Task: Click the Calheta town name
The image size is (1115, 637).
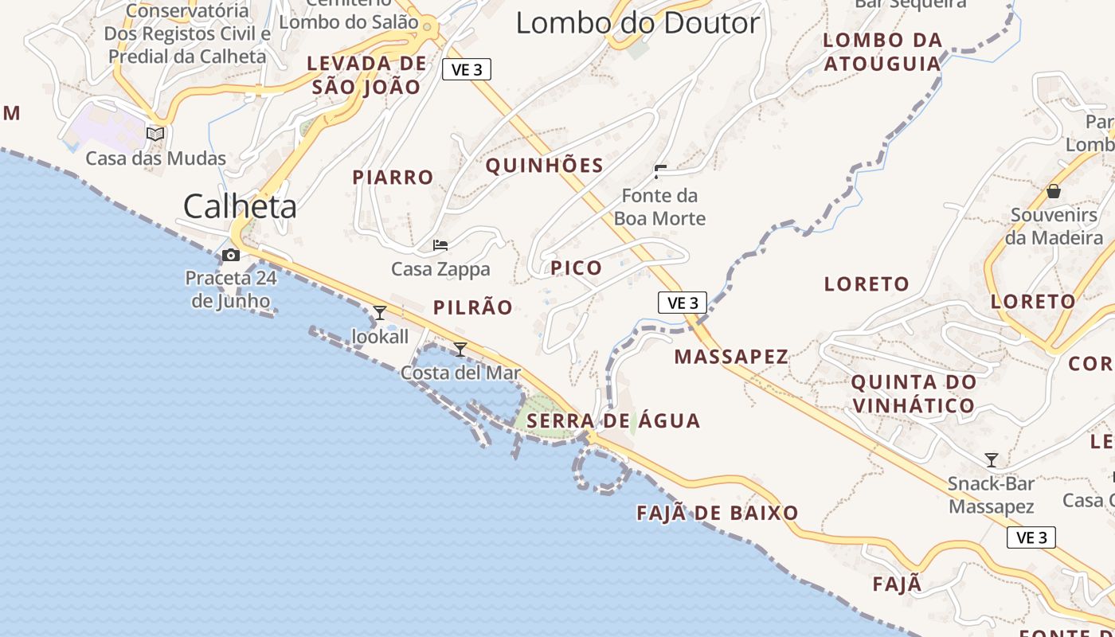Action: pyautogui.click(x=240, y=206)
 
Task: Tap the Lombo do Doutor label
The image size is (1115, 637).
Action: pyautogui.click(x=637, y=22)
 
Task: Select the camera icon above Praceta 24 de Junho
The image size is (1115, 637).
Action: pyautogui.click(x=231, y=255)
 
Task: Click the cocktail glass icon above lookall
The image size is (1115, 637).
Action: pyautogui.click(x=380, y=312)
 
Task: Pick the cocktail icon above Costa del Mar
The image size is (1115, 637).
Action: pyautogui.click(x=460, y=349)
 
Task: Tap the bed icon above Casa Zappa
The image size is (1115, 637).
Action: pyautogui.click(x=440, y=245)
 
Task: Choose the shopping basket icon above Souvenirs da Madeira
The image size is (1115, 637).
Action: pyautogui.click(x=1054, y=191)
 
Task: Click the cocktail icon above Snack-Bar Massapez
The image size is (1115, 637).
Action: pyautogui.click(x=992, y=460)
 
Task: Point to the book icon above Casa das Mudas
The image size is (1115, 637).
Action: pyautogui.click(x=155, y=134)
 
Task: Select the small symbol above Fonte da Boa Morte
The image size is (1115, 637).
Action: pyautogui.click(x=660, y=171)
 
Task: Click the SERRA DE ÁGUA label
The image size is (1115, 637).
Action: pyautogui.click(x=614, y=420)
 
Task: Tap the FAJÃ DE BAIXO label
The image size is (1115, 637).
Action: pyautogui.click(x=718, y=513)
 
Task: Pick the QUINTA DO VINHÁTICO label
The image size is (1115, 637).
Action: pyautogui.click(x=913, y=393)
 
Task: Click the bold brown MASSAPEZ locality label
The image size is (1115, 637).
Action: pyautogui.click(x=731, y=356)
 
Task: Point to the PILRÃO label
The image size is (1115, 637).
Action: pyautogui.click(x=473, y=307)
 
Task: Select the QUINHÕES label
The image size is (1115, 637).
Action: pyautogui.click(x=545, y=166)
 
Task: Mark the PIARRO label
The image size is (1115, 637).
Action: pyautogui.click(x=393, y=177)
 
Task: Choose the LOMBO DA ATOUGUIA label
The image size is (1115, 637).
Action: pyautogui.click(x=882, y=52)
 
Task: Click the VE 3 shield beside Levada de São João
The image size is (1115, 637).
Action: pyautogui.click(x=467, y=70)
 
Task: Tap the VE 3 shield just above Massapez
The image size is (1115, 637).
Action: pyautogui.click(x=683, y=303)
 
